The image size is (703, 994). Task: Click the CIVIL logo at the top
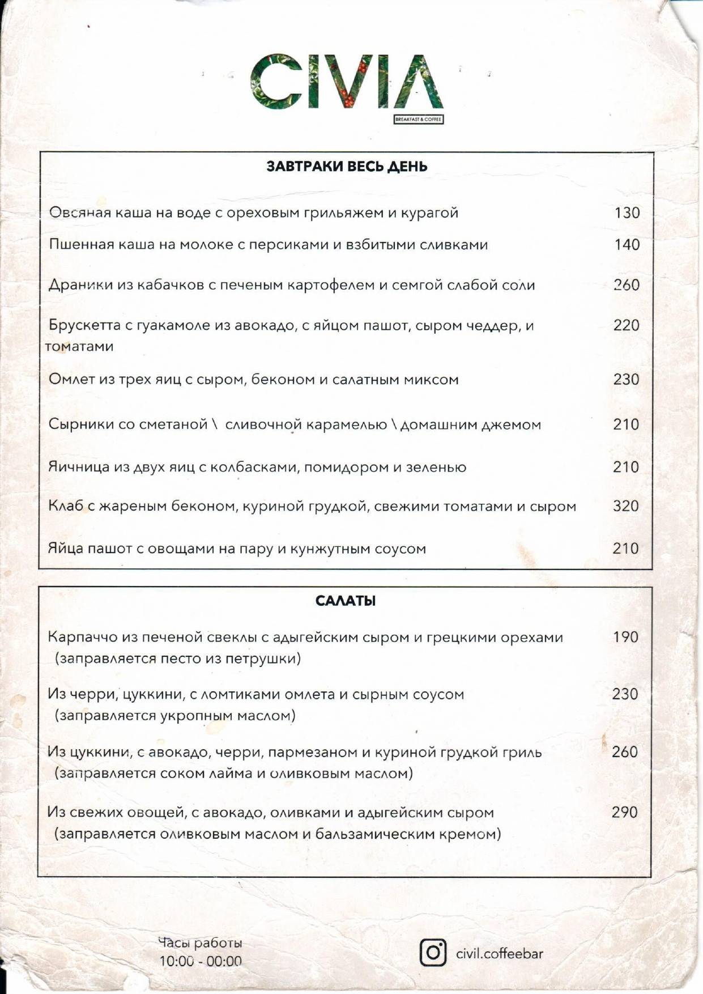tap(346, 82)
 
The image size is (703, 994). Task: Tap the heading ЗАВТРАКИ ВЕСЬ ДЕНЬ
tap(347, 167)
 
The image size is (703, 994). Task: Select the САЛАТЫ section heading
tap(346, 601)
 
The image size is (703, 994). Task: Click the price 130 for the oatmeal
tap(627, 213)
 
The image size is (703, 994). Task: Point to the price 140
tap(627, 245)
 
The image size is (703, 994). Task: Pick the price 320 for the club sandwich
tap(626, 506)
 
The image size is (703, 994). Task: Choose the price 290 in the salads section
tap(625, 813)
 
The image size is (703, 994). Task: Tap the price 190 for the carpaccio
tap(625, 637)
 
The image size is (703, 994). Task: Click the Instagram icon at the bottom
tap(433, 953)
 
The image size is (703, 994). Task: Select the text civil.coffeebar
tap(500, 954)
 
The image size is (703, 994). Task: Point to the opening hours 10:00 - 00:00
tap(201, 962)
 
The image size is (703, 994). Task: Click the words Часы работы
tap(200, 943)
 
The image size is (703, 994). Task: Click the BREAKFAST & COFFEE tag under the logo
tap(419, 120)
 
